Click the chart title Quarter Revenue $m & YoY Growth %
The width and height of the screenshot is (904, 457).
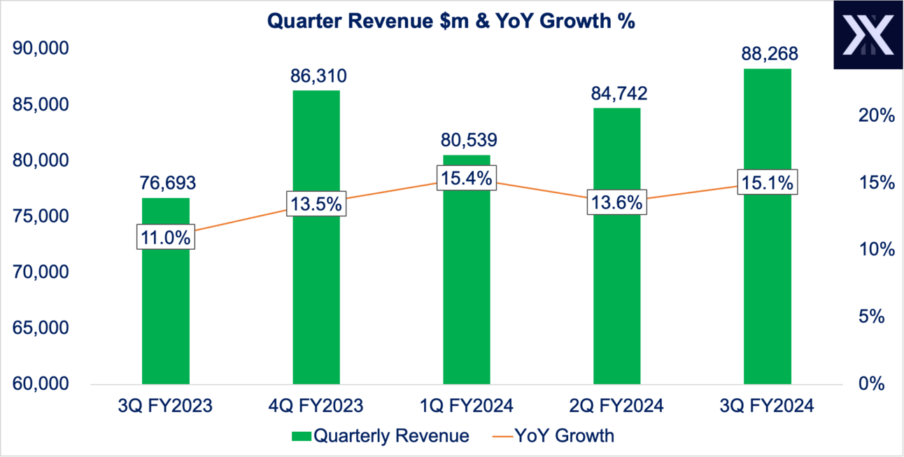[x=451, y=21]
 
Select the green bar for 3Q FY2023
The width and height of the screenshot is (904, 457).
[x=166, y=315]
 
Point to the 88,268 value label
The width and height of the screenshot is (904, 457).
[x=768, y=55]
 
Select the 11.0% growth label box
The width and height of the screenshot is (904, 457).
[x=166, y=237]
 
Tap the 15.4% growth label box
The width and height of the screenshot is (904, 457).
[x=466, y=178]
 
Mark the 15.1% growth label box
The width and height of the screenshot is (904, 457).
[x=768, y=183]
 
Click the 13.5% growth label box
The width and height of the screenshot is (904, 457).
[x=316, y=204]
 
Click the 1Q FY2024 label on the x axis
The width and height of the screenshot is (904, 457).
[x=467, y=406]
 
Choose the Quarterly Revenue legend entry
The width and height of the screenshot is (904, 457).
[x=380, y=436]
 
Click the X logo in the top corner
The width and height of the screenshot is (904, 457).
[x=868, y=35]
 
